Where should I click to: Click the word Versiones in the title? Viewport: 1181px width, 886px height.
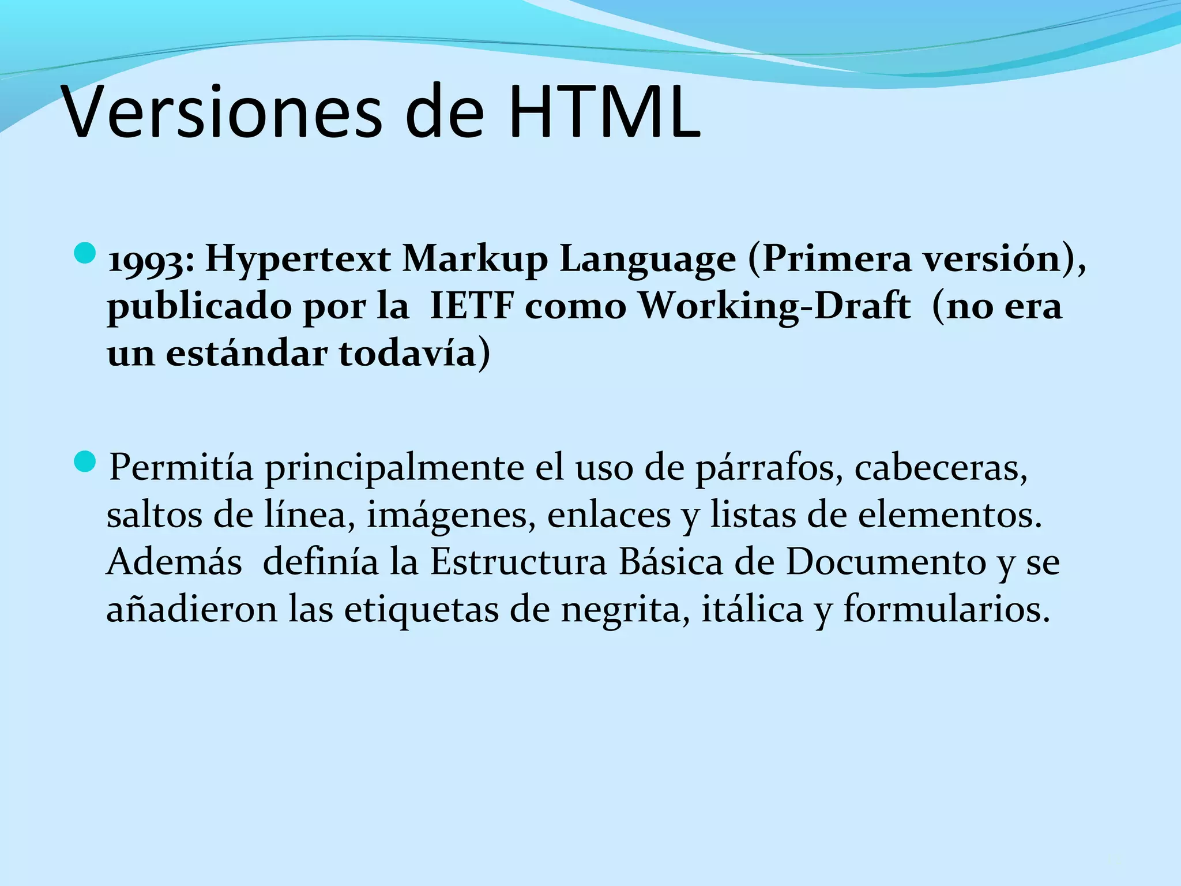[x=221, y=112]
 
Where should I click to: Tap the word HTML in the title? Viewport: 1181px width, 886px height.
[x=604, y=112]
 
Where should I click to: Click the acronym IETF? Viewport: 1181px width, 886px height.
[x=471, y=306]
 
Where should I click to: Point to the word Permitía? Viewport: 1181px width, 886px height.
[x=181, y=467]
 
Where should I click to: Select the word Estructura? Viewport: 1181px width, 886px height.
[x=518, y=562]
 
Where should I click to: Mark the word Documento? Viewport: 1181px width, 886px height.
[x=886, y=562]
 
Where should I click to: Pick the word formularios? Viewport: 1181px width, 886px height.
[x=946, y=609]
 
